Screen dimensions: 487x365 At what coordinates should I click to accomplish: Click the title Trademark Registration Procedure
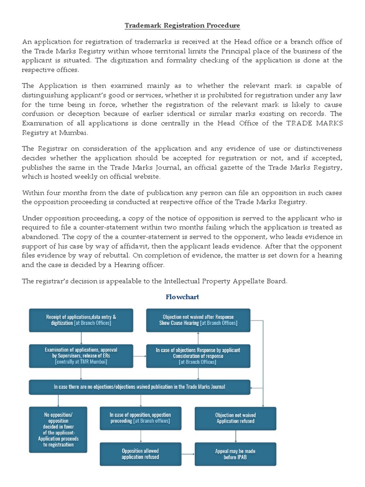(x=182, y=25)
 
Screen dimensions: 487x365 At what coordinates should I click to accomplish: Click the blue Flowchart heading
(x=182, y=297)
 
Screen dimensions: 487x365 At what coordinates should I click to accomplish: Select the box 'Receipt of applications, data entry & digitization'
(x=81, y=320)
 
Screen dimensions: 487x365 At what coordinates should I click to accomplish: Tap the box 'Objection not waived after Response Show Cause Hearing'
(x=198, y=320)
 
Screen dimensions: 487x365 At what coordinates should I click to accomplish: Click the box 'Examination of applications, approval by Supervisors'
(x=81, y=356)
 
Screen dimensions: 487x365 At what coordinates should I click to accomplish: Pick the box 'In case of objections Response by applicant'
(x=198, y=356)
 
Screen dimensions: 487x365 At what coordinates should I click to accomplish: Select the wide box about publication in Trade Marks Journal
(x=139, y=387)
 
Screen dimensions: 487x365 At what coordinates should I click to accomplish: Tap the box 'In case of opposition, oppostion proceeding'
(x=140, y=418)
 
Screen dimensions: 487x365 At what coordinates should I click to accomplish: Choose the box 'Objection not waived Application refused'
(x=235, y=418)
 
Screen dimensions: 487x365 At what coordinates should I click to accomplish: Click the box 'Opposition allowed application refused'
(x=140, y=454)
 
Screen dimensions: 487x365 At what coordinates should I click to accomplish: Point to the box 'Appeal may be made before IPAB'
(x=235, y=454)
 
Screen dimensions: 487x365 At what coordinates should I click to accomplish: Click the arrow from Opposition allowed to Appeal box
(x=188, y=454)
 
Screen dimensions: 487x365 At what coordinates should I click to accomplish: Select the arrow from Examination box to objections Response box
(x=139, y=356)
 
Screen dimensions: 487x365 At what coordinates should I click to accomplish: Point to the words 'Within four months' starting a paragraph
(x=52, y=193)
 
